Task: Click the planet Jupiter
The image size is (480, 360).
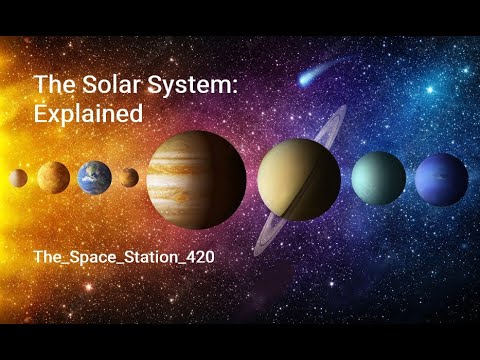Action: [196, 179]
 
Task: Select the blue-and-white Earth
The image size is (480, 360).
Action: [94, 177]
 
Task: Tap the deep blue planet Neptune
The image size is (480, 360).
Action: [441, 179]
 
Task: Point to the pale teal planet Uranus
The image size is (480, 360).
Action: [378, 178]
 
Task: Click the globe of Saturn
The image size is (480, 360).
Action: [298, 178]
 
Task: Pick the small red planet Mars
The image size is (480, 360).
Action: [128, 178]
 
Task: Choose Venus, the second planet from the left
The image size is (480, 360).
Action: [54, 178]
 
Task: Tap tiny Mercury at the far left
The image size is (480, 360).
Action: [18, 178]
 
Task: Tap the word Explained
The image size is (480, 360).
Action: [88, 114]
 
